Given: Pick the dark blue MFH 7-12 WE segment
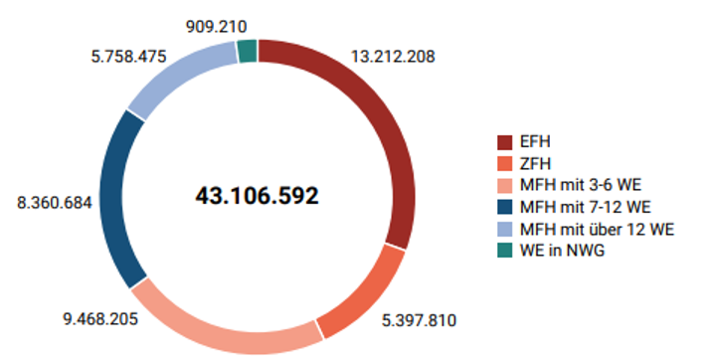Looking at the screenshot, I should click(118, 198).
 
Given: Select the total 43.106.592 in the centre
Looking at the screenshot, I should click(257, 196).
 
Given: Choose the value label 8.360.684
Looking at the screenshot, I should click(54, 202).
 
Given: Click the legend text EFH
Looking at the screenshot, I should click(534, 141).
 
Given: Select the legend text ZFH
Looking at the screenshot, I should click(534, 163).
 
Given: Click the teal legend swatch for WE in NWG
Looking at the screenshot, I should click(505, 251).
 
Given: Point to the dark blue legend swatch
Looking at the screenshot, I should click(505, 207).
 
